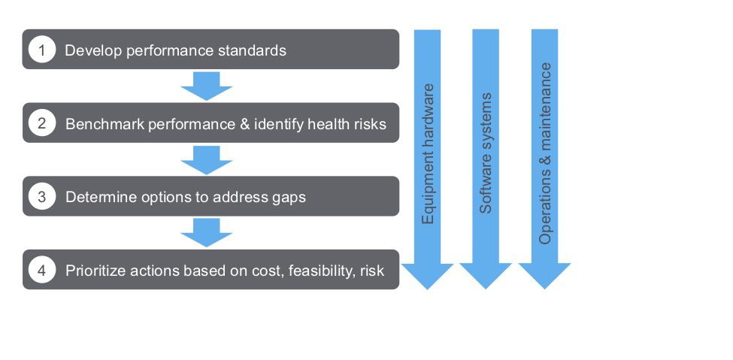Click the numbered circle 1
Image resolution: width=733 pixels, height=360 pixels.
click(42, 50)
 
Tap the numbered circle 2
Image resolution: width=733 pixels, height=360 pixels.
click(42, 123)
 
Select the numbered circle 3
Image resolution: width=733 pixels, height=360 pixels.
click(42, 197)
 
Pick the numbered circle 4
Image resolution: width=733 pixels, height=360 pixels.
click(42, 271)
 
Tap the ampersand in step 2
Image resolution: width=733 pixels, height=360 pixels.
click(244, 124)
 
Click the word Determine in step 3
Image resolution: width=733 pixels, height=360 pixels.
click(95, 198)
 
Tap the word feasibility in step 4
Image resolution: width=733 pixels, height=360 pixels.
click(315, 271)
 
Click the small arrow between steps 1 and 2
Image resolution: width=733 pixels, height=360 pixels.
click(207, 86)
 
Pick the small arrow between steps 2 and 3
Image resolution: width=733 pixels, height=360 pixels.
click(207, 159)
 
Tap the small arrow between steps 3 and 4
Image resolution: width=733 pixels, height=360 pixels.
click(207, 232)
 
